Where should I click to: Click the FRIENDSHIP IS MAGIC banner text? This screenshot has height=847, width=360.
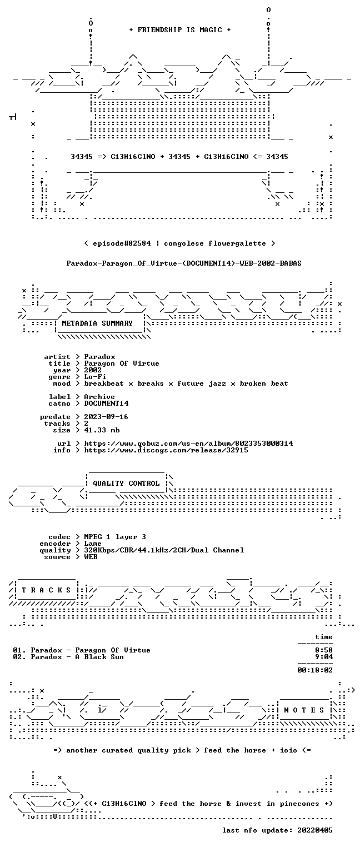(x=179, y=30)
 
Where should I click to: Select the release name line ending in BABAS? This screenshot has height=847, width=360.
(x=184, y=263)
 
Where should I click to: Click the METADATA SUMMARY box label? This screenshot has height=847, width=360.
(x=97, y=323)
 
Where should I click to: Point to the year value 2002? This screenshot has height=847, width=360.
(x=93, y=370)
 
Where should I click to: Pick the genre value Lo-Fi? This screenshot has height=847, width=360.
(x=95, y=377)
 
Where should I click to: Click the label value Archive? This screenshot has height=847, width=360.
(x=99, y=397)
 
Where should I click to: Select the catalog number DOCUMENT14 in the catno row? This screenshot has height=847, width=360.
(x=106, y=403)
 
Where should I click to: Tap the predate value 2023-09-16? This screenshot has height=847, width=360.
(x=106, y=417)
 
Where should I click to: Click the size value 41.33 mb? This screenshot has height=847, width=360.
(x=102, y=430)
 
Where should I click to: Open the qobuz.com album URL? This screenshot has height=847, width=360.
(x=188, y=444)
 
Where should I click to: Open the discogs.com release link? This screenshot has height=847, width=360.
(x=166, y=450)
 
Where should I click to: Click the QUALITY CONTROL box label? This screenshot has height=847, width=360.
(x=126, y=484)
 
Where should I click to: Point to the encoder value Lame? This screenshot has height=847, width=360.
(x=93, y=544)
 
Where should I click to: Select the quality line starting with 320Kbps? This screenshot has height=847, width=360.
(x=164, y=550)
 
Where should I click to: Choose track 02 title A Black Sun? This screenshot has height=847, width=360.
(x=99, y=657)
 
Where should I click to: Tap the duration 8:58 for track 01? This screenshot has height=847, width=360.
(x=324, y=650)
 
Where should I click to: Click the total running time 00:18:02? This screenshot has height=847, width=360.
(x=315, y=670)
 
